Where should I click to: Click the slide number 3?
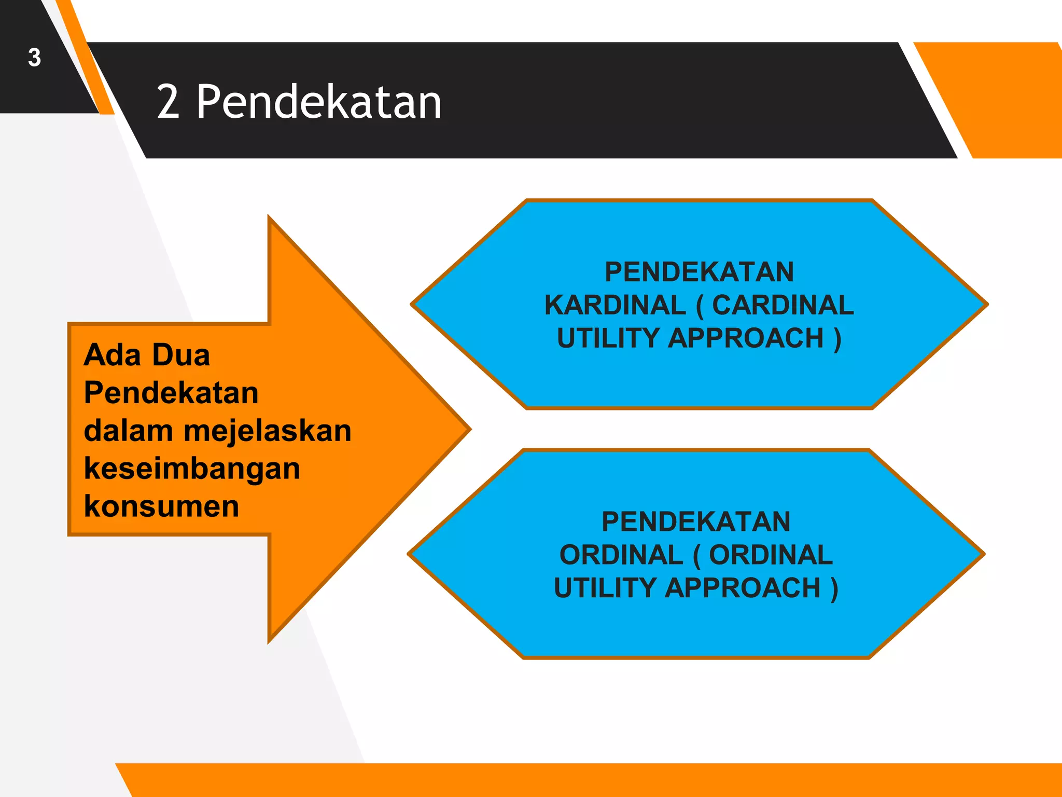tap(34, 58)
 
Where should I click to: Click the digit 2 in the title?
tap(168, 102)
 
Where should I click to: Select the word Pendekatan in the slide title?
tap(318, 102)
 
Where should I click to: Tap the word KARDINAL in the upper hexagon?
tap(615, 305)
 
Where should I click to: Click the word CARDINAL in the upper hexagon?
tap(782, 305)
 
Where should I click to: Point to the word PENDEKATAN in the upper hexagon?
tap(699, 272)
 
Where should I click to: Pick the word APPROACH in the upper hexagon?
tap(745, 338)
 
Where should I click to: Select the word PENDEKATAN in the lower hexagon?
tap(696, 521)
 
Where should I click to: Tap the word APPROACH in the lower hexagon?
tap(742, 588)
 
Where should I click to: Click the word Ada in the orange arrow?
tap(112, 355)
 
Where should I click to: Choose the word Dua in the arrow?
tap(181, 355)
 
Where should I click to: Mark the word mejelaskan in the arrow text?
tap(268, 431)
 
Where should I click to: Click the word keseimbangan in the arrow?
tap(192, 469)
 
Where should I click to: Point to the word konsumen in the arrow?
tap(161, 506)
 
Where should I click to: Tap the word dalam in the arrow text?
tap(128, 431)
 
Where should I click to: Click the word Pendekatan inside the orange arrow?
tap(171, 393)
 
